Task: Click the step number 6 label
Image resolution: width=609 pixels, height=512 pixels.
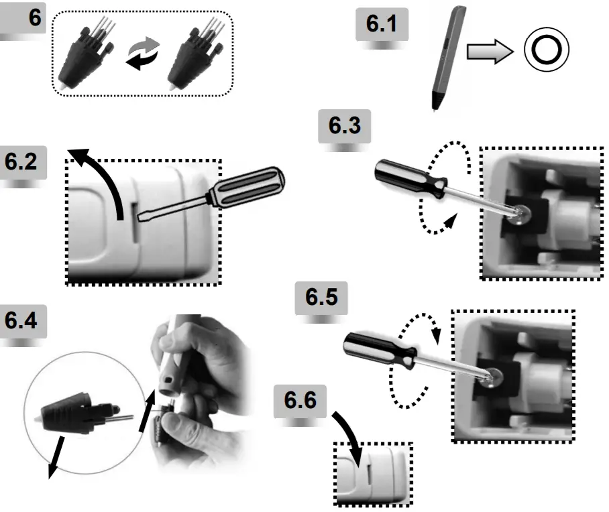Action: tap(34, 19)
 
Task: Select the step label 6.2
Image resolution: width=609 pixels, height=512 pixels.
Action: tap(22, 162)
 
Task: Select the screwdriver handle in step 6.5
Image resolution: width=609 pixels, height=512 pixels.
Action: tap(372, 349)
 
